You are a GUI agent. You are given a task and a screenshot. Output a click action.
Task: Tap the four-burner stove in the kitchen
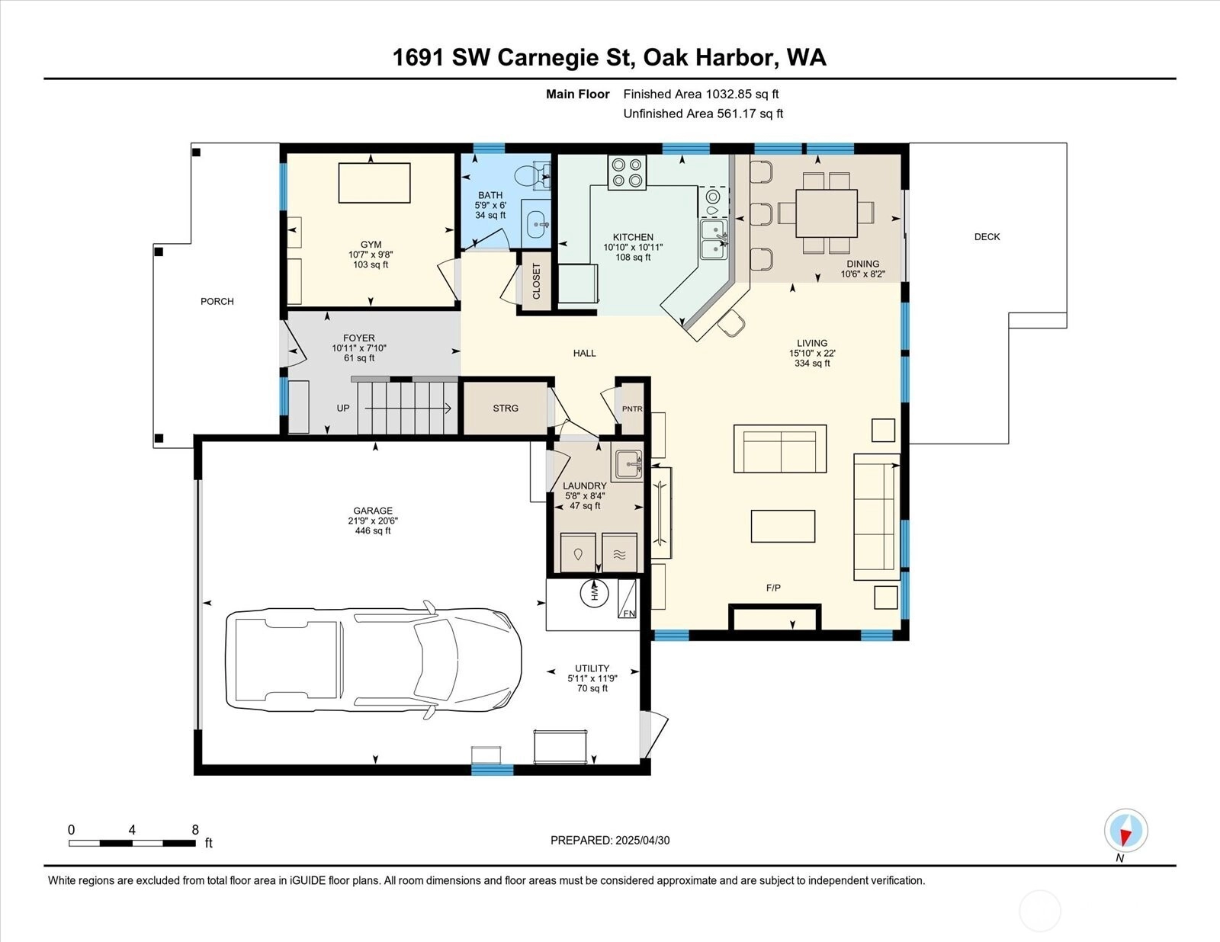pyautogui.click(x=627, y=172)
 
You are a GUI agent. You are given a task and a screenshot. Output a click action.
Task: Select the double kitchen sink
pyautogui.click(x=714, y=239)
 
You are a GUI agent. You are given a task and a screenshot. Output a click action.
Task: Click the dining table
pyautogui.click(x=827, y=213)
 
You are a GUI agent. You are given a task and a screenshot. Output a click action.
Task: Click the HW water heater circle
pyautogui.click(x=595, y=592)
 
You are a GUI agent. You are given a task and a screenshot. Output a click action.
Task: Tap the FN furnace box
pyautogui.click(x=627, y=598)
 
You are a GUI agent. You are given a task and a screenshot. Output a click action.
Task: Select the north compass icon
pyautogui.click(x=1125, y=831)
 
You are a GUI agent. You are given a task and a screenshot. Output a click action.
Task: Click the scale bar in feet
pyautogui.click(x=133, y=843)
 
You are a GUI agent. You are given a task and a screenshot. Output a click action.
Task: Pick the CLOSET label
pyautogui.click(x=536, y=281)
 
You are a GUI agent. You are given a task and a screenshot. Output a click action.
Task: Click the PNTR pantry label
pyautogui.click(x=632, y=409)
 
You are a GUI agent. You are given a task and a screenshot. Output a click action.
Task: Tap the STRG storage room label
pyautogui.click(x=506, y=409)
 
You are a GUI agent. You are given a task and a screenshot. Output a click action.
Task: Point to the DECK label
pyautogui.click(x=987, y=237)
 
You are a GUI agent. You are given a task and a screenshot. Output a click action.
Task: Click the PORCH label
pyautogui.click(x=217, y=301)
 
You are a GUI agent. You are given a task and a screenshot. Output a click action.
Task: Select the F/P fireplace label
pyautogui.click(x=773, y=588)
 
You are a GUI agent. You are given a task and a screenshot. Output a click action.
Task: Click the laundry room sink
pyautogui.click(x=627, y=465)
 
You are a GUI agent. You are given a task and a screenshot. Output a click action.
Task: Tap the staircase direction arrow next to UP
pyautogui.click(x=408, y=409)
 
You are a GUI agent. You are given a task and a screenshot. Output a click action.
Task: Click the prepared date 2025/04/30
pyautogui.click(x=642, y=841)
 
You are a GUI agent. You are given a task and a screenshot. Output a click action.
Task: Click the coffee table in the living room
pyautogui.click(x=783, y=527)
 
